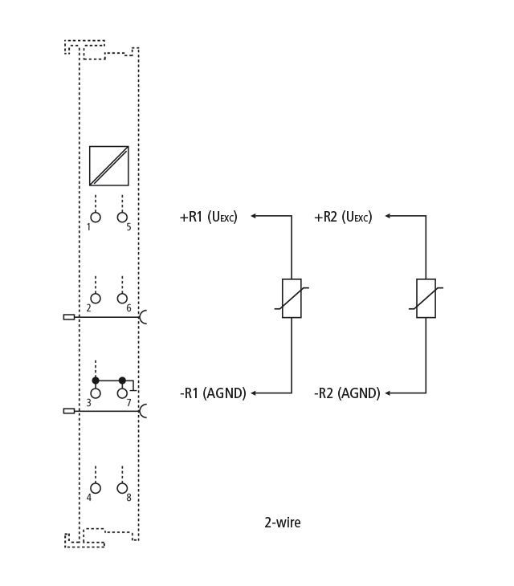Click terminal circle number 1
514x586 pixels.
(96, 217)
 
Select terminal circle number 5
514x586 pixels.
(122, 217)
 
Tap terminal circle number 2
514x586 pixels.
(96, 299)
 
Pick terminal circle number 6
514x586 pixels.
(122, 299)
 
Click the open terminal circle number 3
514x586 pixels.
(96, 393)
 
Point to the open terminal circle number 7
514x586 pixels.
(122, 393)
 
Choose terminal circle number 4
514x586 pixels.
(96, 488)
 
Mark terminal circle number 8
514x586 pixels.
(122, 488)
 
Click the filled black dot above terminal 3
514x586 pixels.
(96, 380)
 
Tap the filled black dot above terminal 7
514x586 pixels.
(122, 380)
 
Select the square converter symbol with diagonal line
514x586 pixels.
(109, 166)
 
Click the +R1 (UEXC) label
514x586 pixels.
(209, 217)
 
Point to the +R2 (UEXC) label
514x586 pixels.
(343, 217)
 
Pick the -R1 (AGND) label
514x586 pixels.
(213, 393)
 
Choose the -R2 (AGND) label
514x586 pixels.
(347, 393)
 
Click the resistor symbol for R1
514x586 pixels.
(292, 299)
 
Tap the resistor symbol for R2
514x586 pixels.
(426, 299)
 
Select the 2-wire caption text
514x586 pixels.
(283, 523)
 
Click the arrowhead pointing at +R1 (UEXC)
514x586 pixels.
(254, 216)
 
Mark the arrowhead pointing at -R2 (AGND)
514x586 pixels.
(388, 393)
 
